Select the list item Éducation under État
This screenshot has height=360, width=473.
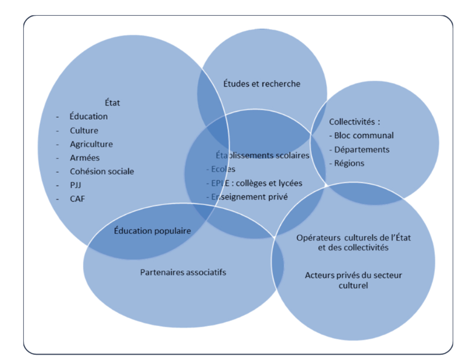pos(88,116)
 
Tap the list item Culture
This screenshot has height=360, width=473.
pos(84,130)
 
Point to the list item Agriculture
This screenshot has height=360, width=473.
pos(91,144)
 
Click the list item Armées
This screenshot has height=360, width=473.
pos(84,158)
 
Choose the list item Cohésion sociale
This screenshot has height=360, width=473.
pos(102,171)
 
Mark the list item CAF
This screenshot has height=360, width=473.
pos(78,199)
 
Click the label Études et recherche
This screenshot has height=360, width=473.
pos(262,84)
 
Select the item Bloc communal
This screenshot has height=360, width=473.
pos(364,136)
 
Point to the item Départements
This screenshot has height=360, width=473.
pos(362,149)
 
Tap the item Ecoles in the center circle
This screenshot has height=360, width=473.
pos(223,169)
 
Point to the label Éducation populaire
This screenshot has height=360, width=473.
pos(152,231)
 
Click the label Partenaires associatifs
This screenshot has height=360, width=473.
pos(183,272)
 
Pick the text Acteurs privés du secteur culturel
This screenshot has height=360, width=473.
pos(353,280)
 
